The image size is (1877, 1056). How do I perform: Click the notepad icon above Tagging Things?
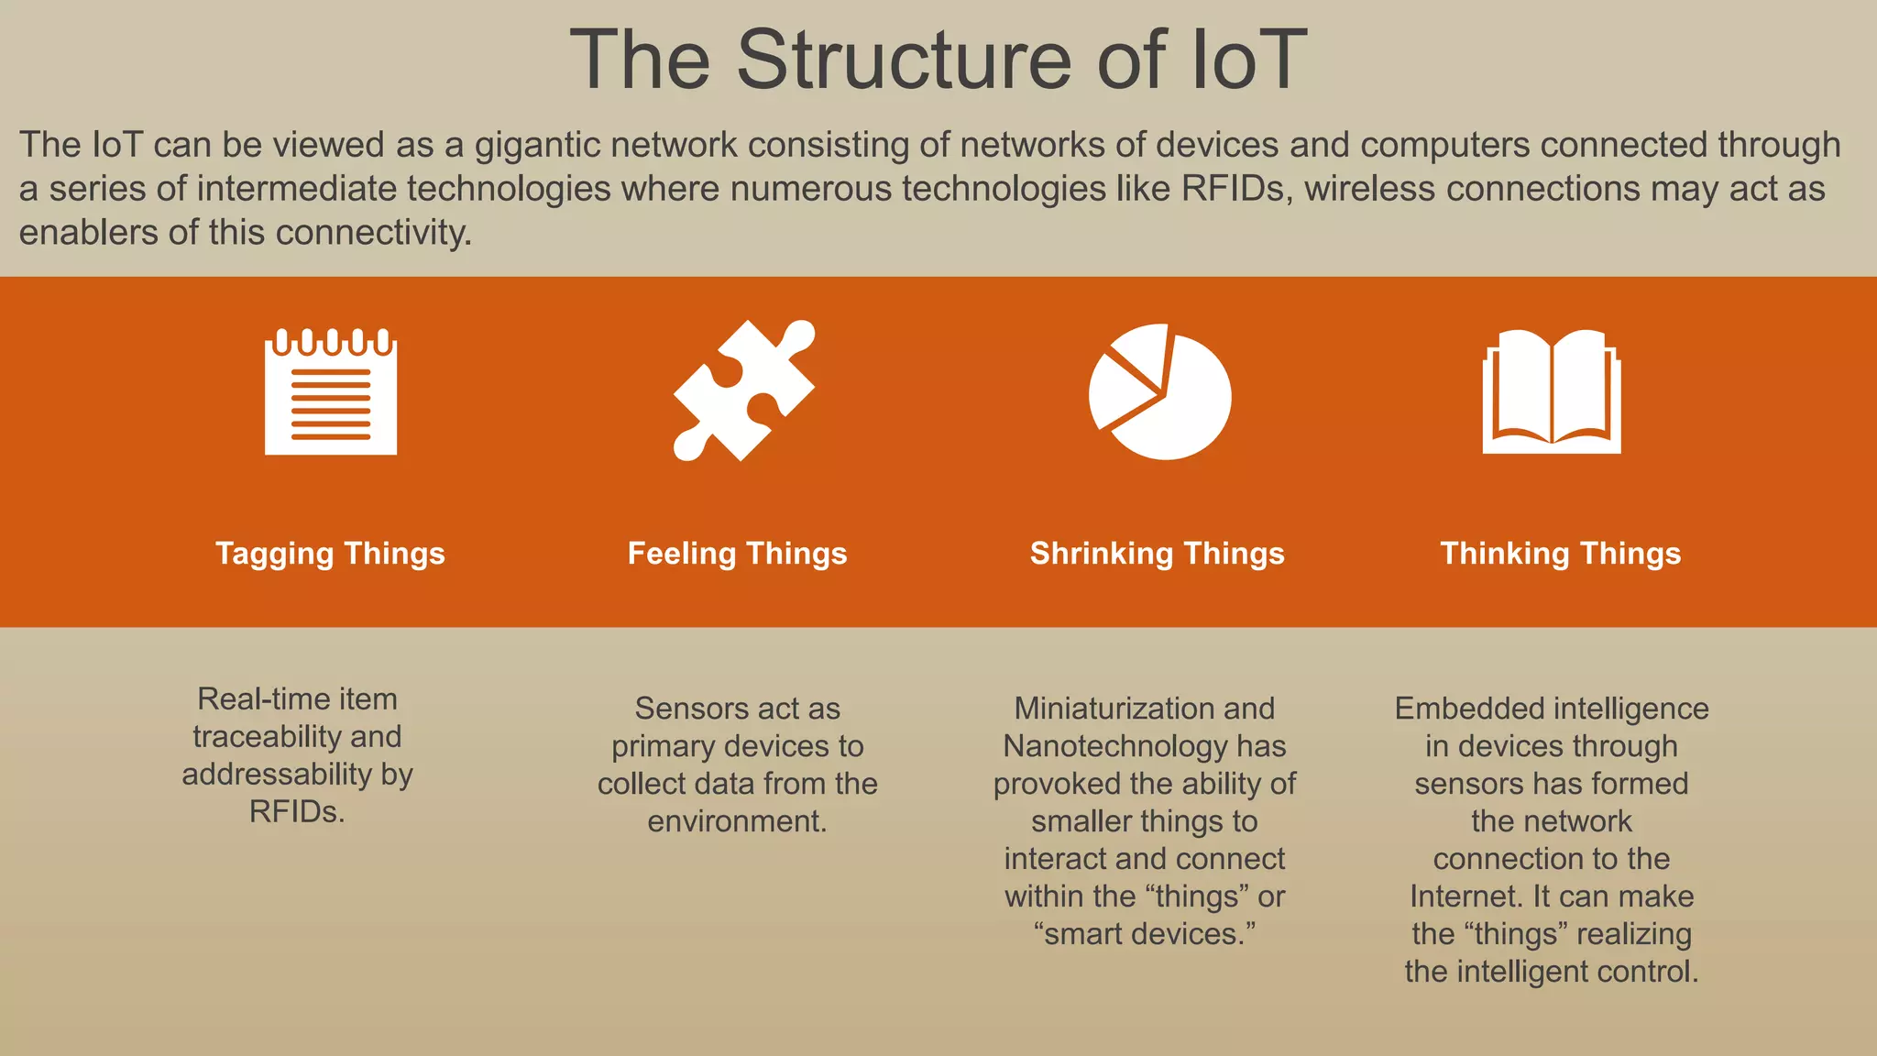tap(331, 391)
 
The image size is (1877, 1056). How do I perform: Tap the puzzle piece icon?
tap(742, 390)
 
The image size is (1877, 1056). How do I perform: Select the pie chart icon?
tap(1159, 391)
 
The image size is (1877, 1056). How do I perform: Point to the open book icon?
tap(1552, 391)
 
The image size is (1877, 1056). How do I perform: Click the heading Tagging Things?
tap(330, 554)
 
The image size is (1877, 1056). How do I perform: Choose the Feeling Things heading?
tap(737, 554)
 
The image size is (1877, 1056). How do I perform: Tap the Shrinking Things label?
tap(1157, 554)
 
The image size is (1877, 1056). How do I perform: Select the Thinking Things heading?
tap(1560, 554)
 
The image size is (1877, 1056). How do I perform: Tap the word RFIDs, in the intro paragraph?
tap(1236, 189)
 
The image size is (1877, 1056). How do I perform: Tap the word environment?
tap(736, 821)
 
